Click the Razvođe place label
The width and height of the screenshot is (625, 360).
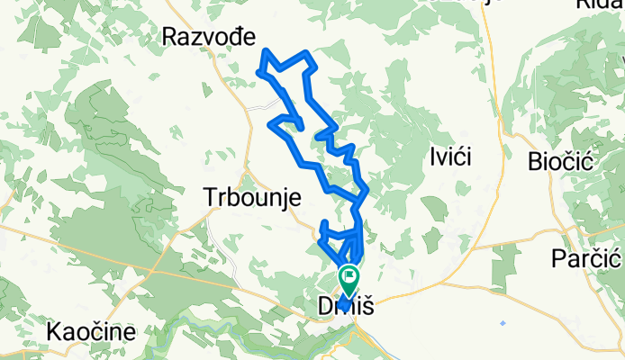tap(209, 36)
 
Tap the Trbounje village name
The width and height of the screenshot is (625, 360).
tap(251, 197)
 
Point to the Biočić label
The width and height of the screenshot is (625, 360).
tap(558, 161)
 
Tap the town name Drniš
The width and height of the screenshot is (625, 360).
tap(346, 307)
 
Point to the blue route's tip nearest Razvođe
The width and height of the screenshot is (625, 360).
tap(262, 50)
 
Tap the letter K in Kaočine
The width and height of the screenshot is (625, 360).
tap(54, 331)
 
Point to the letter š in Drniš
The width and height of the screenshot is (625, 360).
tap(367, 307)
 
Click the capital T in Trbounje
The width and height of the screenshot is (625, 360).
tap(212, 197)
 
